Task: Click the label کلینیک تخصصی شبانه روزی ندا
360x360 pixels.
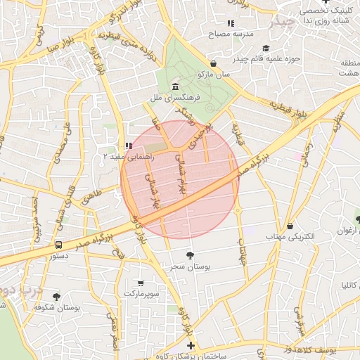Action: tap(326, 16)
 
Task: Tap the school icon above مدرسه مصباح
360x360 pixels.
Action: tap(232, 23)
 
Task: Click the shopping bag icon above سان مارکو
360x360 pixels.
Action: tap(213, 63)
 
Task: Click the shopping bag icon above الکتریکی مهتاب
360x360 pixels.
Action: tap(290, 226)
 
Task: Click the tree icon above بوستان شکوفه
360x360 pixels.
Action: tap(57, 297)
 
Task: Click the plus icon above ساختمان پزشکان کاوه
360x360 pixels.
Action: tap(191, 345)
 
